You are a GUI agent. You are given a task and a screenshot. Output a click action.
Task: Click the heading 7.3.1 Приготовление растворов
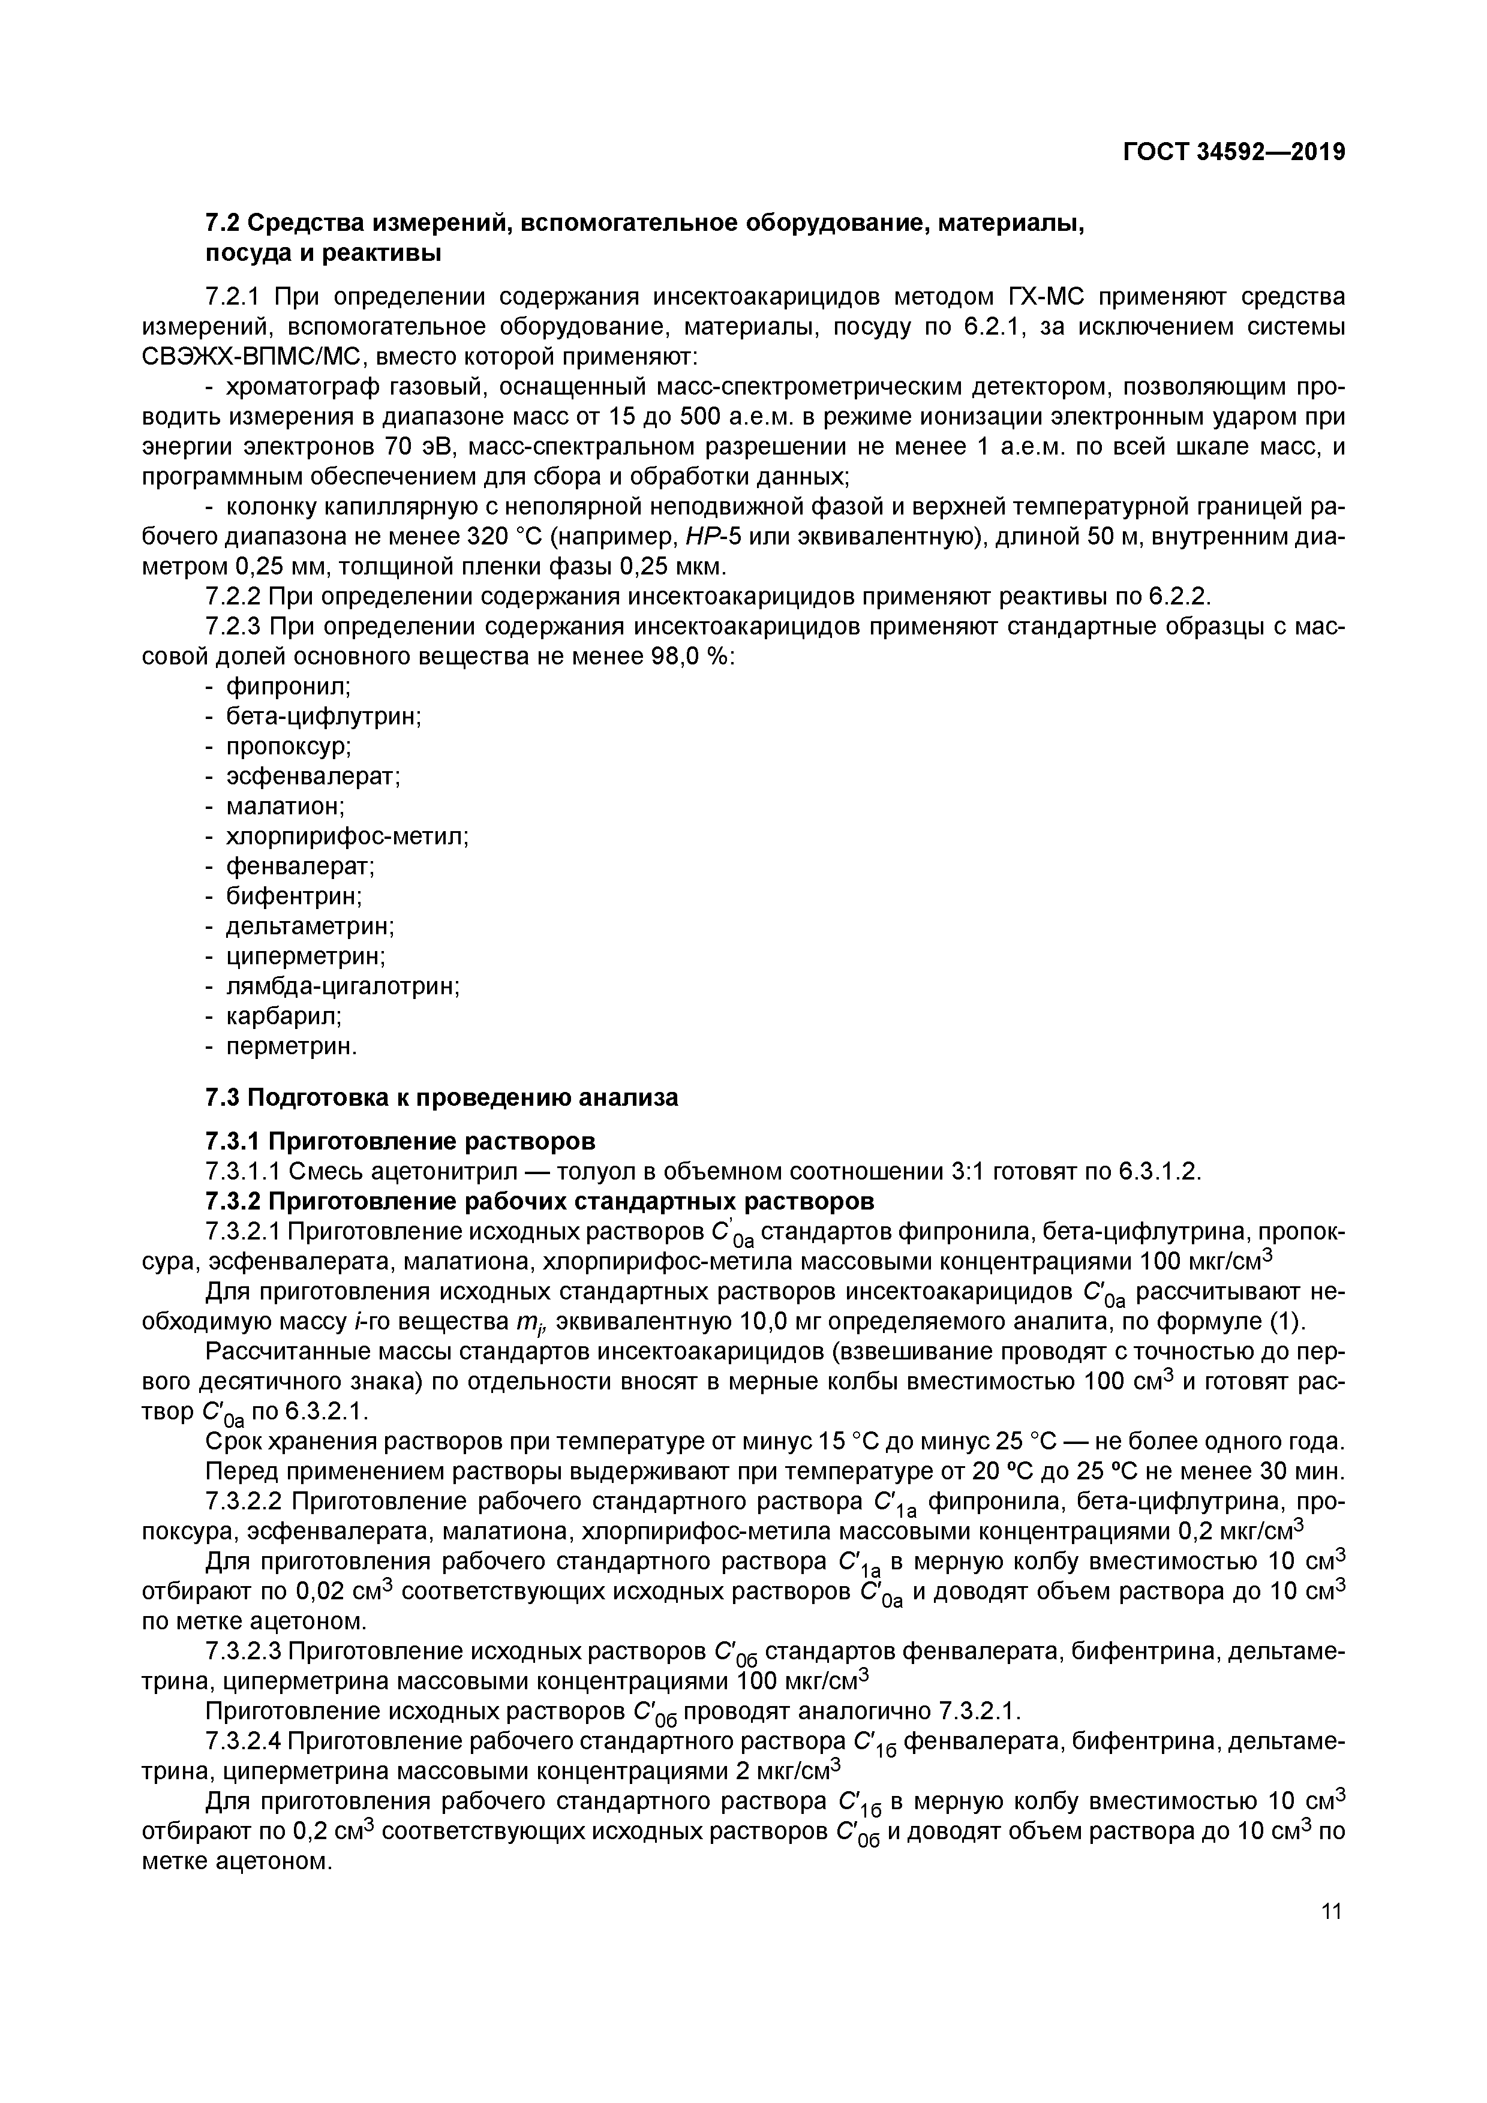[x=399, y=1141]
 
